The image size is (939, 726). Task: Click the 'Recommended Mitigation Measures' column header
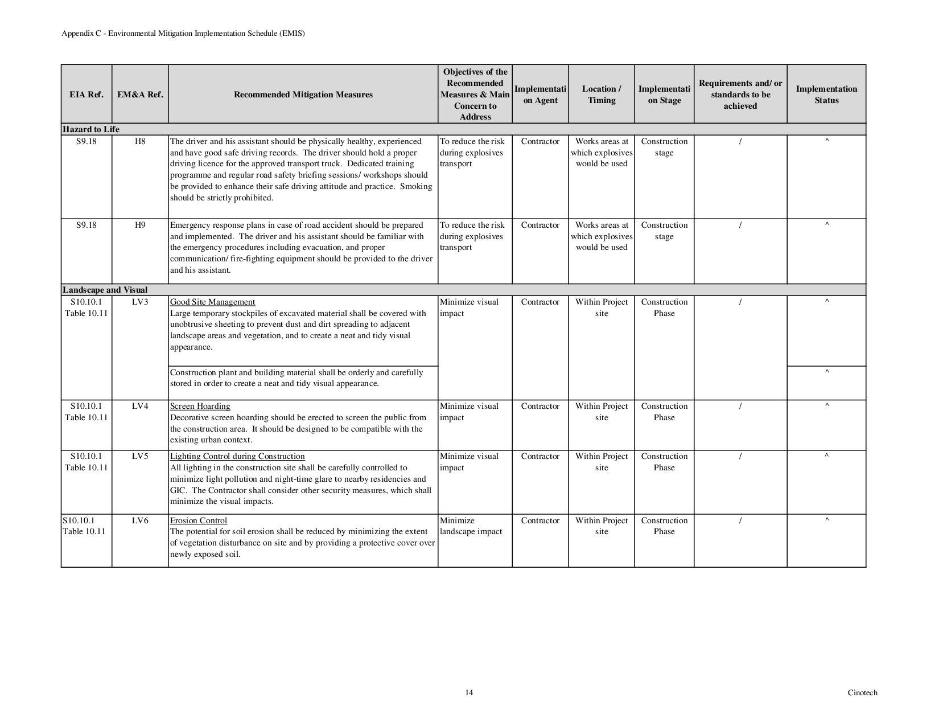(303, 95)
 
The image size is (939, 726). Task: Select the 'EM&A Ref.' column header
(140, 95)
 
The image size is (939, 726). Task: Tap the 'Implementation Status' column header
(826, 95)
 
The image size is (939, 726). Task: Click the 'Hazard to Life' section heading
(91, 129)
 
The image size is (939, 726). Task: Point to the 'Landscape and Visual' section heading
(105, 290)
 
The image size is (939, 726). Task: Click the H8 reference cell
(140, 141)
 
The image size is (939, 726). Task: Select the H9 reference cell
(140, 225)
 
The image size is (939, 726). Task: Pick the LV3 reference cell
(140, 302)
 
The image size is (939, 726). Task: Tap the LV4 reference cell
(140, 406)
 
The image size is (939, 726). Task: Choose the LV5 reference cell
(140, 456)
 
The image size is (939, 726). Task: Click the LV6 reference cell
(140, 520)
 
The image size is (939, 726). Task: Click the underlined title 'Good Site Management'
(212, 302)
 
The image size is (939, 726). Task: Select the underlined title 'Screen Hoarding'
(200, 406)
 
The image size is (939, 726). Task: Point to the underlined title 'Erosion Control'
(198, 520)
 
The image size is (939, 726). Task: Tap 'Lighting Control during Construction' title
(237, 456)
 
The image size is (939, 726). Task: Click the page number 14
(469, 693)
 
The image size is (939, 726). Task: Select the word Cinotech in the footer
(862, 693)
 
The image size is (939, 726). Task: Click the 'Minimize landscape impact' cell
(471, 526)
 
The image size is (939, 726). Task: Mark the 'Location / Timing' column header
(602, 95)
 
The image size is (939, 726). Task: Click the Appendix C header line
(183, 34)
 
